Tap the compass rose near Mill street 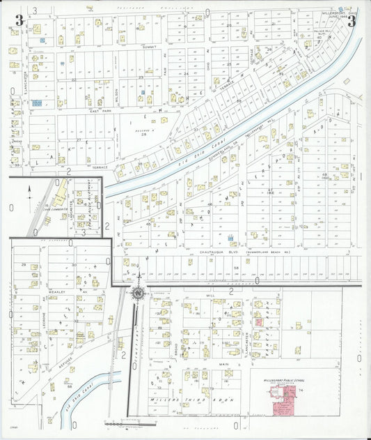point(139,292)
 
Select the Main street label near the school point(224,364)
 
